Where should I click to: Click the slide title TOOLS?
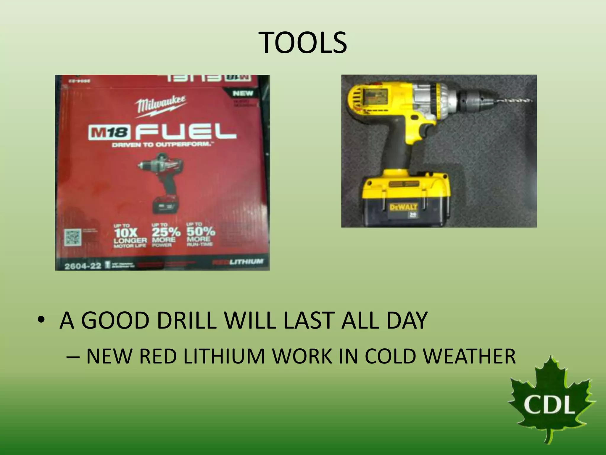coord(303,43)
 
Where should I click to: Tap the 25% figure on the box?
coord(166,232)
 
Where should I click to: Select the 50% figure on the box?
coord(201,231)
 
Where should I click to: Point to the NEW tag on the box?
coord(243,94)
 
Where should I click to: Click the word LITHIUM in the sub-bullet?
coord(223,356)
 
